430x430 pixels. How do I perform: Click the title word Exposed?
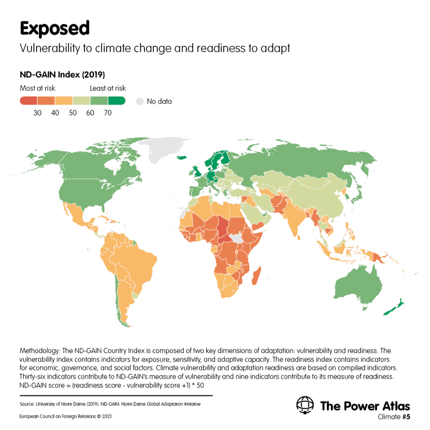click(x=55, y=29)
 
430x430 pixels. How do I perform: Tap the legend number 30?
click(x=37, y=113)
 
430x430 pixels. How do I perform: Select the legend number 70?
click(x=108, y=113)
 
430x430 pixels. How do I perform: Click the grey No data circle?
click(x=140, y=102)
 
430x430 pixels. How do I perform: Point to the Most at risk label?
click(x=37, y=88)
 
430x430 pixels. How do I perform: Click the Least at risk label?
click(x=108, y=88)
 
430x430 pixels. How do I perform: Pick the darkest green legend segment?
click(x=117, y=101)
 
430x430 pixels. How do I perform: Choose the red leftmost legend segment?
click(x=29, y=101)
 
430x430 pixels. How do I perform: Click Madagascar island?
click(x=257, y=276)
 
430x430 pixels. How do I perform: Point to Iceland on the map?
click(x=181, y=157)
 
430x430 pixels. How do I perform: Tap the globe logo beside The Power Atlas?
click(x=305, y=405)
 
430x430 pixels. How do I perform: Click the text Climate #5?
click(x=394, y=417)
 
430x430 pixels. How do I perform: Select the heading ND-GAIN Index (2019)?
click(x=62, y=75)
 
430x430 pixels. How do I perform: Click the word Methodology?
click(x=39, y=351)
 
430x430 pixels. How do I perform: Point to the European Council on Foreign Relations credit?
click(x=66, y=416)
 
